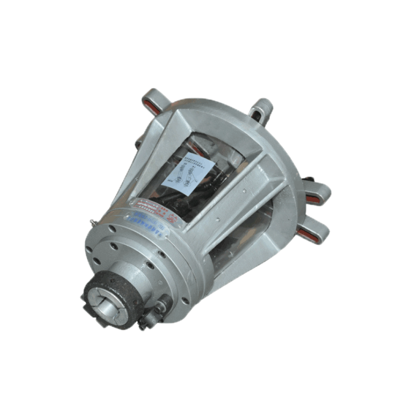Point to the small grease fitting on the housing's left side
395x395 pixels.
coord(92,222)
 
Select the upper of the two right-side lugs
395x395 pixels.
coord(318,193)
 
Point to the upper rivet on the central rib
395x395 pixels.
coord(244,190)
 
